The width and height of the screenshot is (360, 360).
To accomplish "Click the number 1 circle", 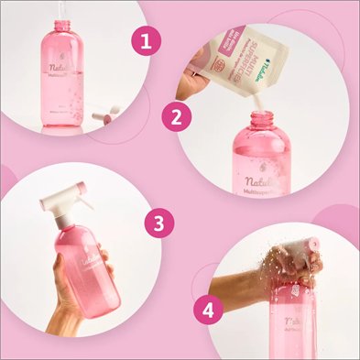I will [x=143, y=41].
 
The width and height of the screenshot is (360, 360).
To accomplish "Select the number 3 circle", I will [x=160, y=223].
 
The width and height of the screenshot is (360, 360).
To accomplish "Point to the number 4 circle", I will [x=212, y=310].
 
